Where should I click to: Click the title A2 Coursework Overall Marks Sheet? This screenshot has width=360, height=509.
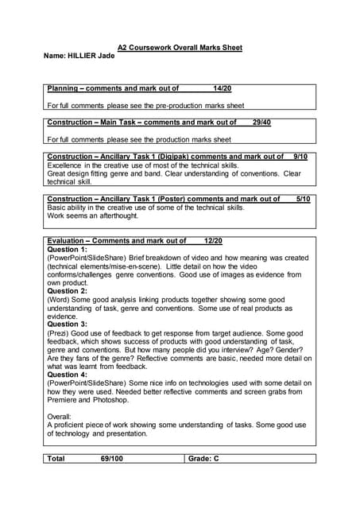point(180,48)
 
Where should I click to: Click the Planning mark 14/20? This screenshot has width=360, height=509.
point(223,88)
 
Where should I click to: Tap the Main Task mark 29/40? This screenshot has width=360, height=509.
point(261,122)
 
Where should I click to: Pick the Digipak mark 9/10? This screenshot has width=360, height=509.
point(300,157)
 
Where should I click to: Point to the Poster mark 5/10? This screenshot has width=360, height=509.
point(303,199)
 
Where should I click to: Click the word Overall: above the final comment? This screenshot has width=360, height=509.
point(60,416)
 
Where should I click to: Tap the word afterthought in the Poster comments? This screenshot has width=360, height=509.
point(117,216)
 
